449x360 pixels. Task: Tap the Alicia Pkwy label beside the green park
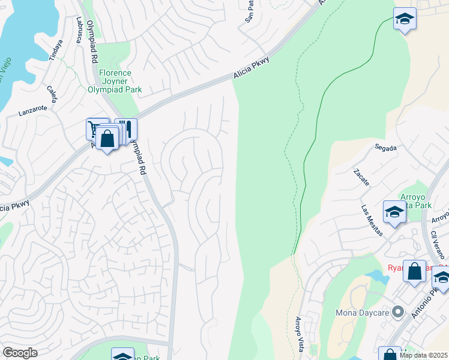pos(251,68)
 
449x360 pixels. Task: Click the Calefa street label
pos(52,94)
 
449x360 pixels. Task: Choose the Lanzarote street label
pos(32,110)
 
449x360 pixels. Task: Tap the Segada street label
pos(385,147)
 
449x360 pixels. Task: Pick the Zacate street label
pos(361,176)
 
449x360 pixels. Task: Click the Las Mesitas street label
pos(372,221)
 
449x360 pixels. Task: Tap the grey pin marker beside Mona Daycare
pos(397,311)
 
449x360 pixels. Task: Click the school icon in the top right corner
pos(405,19)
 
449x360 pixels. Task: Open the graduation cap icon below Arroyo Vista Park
pos(394,213)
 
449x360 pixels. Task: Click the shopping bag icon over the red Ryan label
pos(414,271)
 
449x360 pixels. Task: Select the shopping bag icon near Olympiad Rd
pos(107,139)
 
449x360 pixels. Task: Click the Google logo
pos(19,353)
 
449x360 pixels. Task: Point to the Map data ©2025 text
pos(423,355)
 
